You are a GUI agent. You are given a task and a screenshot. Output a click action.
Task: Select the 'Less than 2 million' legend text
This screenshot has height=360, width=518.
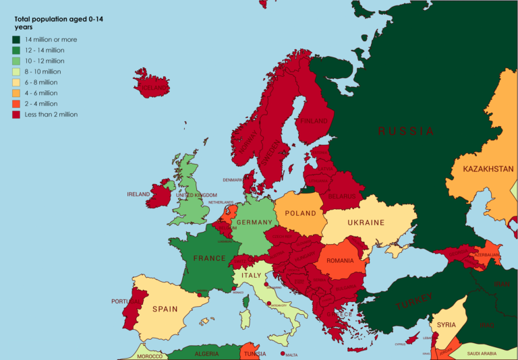(51, 115)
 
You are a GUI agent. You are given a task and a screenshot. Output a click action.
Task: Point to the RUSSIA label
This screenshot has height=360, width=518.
(406, 131)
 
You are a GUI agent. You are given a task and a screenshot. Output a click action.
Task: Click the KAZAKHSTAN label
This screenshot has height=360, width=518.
(479, 169)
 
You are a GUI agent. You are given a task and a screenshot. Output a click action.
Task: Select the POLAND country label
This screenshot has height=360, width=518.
(300, 213)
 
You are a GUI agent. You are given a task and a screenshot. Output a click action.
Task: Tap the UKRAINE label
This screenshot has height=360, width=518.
(366, 222)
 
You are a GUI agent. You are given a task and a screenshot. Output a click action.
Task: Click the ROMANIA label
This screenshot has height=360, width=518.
(340, 261)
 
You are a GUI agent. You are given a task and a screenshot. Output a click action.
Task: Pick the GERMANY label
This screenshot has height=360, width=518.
(254, 222)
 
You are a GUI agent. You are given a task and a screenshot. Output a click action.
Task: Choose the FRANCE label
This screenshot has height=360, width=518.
(209, 258)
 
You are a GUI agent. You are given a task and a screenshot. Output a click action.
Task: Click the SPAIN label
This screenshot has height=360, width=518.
(165, 309)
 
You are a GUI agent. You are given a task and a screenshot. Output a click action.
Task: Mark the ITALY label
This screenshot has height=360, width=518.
(252, 276)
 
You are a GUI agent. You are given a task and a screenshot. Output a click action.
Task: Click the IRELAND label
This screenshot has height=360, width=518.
(138, 194)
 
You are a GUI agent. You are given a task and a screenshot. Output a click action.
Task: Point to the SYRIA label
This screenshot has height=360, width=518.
(446, 325)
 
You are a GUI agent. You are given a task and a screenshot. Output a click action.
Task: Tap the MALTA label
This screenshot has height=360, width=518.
(291, 355)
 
